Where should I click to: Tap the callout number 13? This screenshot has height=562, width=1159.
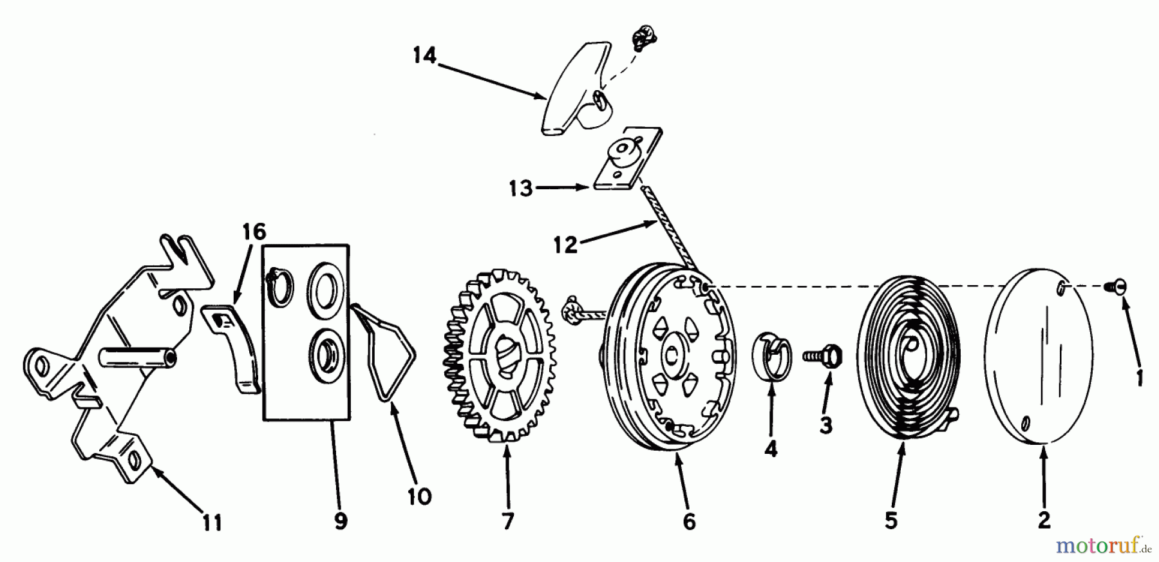(520, 189)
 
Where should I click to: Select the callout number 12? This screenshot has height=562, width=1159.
(566, 245)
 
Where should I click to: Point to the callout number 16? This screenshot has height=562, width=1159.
(255, 232)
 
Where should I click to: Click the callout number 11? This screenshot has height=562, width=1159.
(212, 523)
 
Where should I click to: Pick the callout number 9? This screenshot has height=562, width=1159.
(341, 521)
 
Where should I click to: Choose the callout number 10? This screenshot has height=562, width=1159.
(419, 496)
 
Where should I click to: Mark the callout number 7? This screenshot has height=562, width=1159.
(508, 521)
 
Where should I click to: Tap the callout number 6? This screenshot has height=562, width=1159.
(689, 521)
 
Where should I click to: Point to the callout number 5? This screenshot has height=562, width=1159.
(890, 520)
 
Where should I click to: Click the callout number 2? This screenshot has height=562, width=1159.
(1044, 520)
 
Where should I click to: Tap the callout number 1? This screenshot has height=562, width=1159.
(1139, 377)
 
